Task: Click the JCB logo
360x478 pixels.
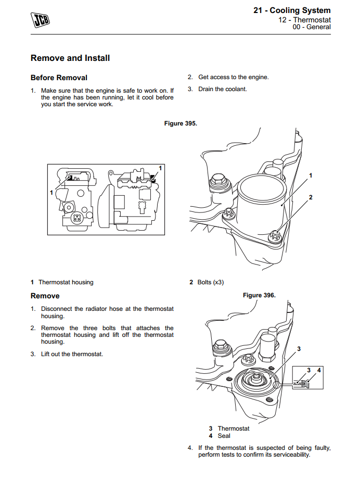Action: [x=40, y=20]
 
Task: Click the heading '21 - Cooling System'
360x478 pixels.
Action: [x=292, y=10]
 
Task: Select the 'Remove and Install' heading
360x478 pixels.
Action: [x=70, y=58]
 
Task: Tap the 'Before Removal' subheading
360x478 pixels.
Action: [x=59, y=78]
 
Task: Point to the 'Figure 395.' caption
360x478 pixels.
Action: [x=181, y=123]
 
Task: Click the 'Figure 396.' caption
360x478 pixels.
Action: [x=259, y=295]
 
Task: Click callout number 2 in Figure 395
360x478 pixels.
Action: [x=311, y=197]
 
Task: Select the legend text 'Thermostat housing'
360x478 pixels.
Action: [x=66, y=282]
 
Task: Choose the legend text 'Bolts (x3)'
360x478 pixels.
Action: [x=211, y=282]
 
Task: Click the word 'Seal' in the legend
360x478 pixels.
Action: [x=224, y=436]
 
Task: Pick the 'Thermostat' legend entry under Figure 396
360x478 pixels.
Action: [x=234, y=429]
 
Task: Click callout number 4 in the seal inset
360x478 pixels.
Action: [x=319, y=370]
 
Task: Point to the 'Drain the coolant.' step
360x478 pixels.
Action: [x=223, y=89]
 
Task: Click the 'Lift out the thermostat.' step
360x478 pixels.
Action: [x=72, y=354]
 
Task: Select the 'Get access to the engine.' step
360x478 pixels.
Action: [x=234, y=77]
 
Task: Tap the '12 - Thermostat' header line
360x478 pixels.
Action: [x=304, y=20]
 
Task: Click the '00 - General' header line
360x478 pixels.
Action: [x=312, y=27]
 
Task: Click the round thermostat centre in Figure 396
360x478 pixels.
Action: [x=254, y=379]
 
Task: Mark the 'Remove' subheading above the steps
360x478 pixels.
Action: [x=45, y=296]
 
